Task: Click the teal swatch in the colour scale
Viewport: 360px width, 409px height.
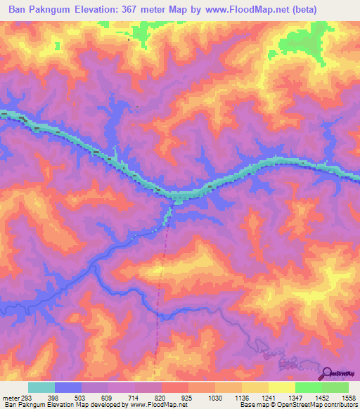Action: point(41,387)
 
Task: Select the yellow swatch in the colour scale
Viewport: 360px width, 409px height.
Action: point(281,387)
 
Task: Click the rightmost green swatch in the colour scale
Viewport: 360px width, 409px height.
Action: point(335,387)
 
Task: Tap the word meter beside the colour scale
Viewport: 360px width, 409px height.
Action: point(12,397)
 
